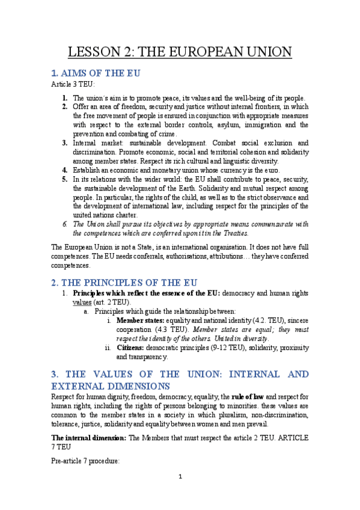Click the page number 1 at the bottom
(180, 478)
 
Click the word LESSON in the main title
(95, 52)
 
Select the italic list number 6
(65, 224)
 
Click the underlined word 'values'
(82, 302)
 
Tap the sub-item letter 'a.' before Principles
(87, 312)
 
